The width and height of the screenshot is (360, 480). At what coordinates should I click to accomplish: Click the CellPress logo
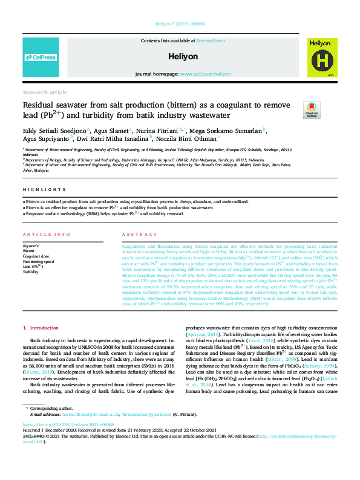pos(41,57)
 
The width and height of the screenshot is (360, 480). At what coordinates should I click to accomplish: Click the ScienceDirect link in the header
pos(211,41)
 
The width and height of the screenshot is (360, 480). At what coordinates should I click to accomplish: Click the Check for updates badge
pos(312,109)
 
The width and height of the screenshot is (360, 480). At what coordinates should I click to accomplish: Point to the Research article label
pos(45,92)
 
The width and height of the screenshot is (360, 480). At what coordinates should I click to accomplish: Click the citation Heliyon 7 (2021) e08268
pos(180,25)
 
